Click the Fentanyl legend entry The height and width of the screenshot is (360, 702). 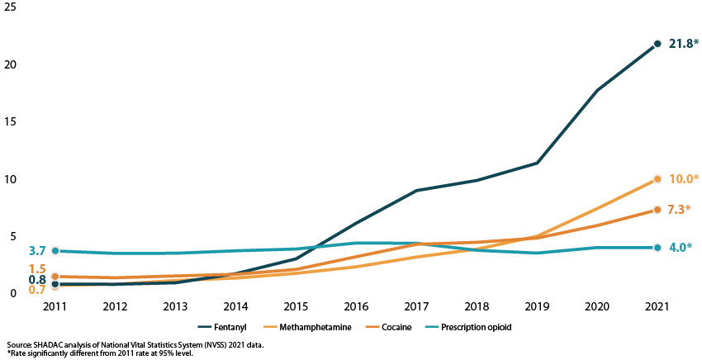click(x=233, y=328)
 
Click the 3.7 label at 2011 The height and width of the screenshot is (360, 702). click(x=37, y=250)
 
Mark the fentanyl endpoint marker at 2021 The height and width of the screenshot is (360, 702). click(x=657, y=44)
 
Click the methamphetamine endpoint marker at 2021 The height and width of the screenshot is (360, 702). click(x=657, y=178)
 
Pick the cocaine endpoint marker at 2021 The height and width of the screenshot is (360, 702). click(x=657, y=210)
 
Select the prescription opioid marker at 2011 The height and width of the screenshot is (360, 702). click(x=55, y=250)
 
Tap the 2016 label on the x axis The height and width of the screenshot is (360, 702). click(x=356, y=306)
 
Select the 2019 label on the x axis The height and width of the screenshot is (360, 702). click(x=537, y=306)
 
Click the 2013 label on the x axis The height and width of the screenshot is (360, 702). click(x=175, y=306)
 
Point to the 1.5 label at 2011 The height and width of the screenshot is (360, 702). click(x=37, y=269)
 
